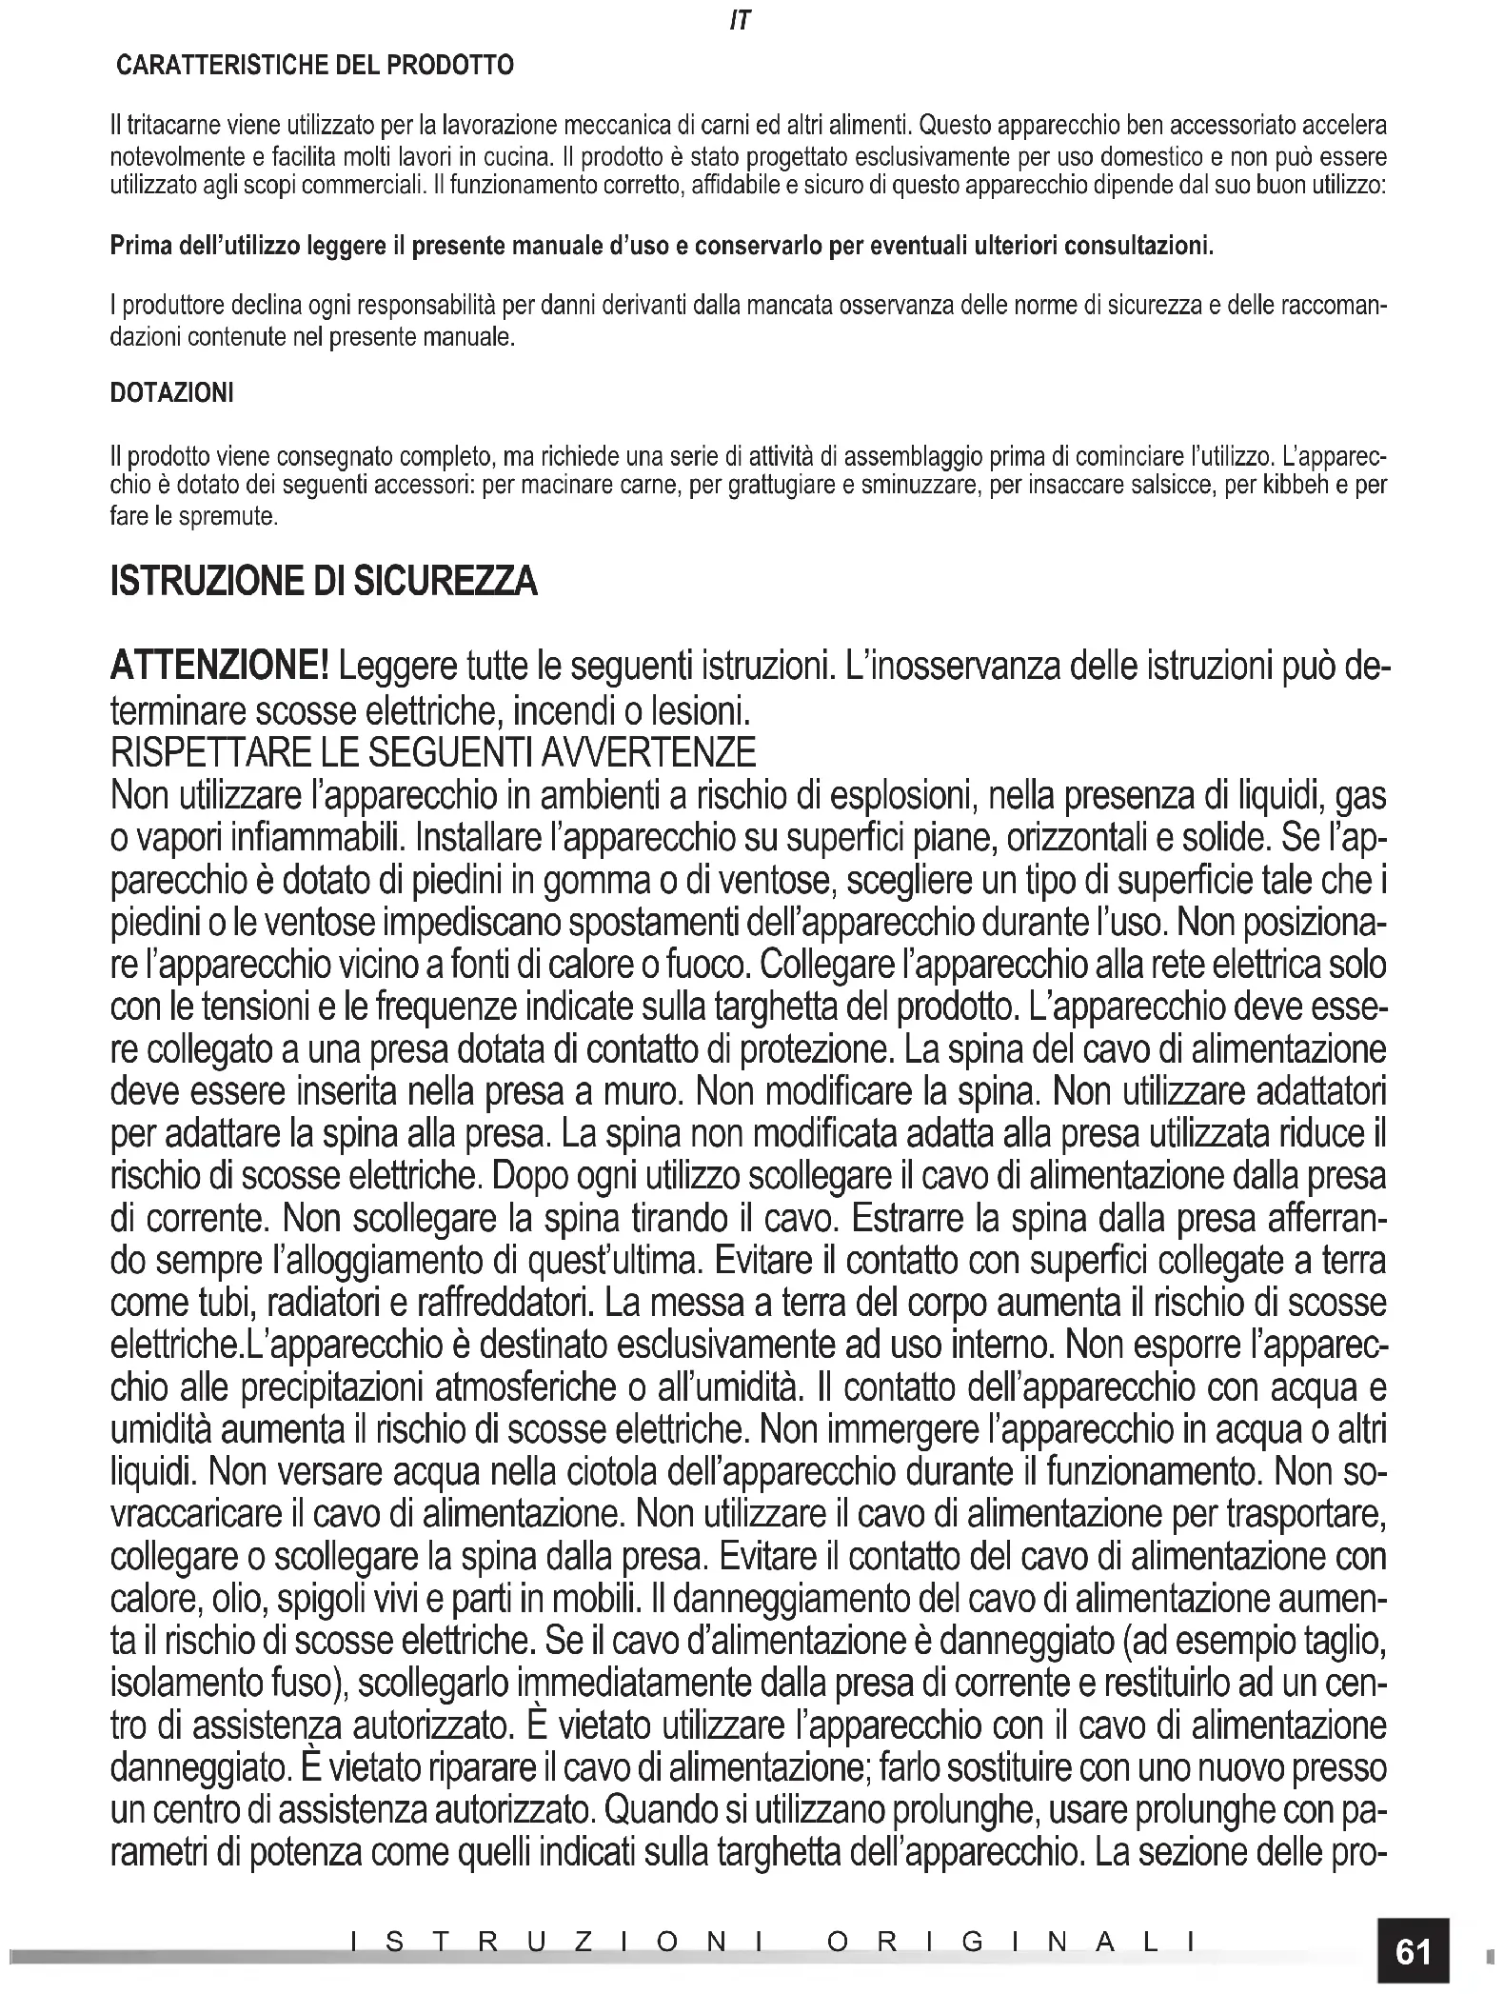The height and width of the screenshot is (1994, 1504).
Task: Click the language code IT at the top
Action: pos(740,21)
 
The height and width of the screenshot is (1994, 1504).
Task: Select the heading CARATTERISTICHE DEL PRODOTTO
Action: pos(314,66)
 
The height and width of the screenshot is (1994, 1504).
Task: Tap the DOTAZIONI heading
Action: pos(171,392)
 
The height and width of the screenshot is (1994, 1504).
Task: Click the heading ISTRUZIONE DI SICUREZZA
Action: pos(324,582)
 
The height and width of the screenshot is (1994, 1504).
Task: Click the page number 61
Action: pos(1413,1951)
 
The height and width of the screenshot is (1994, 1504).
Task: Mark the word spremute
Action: pos(234,519)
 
